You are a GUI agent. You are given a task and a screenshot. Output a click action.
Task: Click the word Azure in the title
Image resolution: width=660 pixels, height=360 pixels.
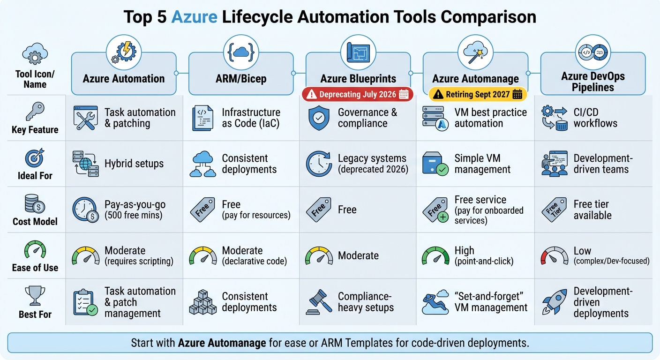tap(194, 17)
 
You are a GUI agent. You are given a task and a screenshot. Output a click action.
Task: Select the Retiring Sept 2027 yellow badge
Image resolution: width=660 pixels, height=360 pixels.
tap(478, 94)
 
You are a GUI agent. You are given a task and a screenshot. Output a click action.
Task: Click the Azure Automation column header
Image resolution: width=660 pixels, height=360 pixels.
tap(124, 79)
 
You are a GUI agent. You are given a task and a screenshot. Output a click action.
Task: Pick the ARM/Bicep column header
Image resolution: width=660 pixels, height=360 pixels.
tap(241, 79)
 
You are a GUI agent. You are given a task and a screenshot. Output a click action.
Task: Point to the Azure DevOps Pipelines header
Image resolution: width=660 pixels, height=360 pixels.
tap(593, 82)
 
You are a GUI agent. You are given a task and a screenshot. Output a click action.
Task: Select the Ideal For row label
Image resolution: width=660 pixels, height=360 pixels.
tap(35, 176)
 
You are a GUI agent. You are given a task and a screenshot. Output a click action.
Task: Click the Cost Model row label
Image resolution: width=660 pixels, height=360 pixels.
tap(35, 221)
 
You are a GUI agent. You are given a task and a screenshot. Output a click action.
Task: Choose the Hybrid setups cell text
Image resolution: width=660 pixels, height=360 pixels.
tap(134, 164)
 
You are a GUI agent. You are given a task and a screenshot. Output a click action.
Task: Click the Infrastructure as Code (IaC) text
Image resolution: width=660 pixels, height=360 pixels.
tap(251, 118)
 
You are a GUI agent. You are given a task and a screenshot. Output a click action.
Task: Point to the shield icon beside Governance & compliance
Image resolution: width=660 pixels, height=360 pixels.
tap(319, 118)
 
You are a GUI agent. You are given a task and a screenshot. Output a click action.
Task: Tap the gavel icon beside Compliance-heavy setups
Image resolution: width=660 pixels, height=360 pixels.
tap(319, 302)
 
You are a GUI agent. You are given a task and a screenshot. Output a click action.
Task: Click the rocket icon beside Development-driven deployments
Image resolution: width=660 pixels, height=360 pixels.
tap(554, 302)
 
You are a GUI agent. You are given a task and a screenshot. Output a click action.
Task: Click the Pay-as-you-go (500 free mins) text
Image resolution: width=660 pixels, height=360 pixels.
tap(135, 210)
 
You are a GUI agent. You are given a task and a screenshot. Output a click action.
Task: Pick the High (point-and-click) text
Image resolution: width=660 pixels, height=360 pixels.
tap(484, 256)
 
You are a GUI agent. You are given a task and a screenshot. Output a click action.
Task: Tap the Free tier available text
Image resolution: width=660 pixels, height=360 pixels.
tap(592, 210)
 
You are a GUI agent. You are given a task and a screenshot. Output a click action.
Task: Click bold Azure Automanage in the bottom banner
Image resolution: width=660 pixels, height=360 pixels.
tap(222, 343)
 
